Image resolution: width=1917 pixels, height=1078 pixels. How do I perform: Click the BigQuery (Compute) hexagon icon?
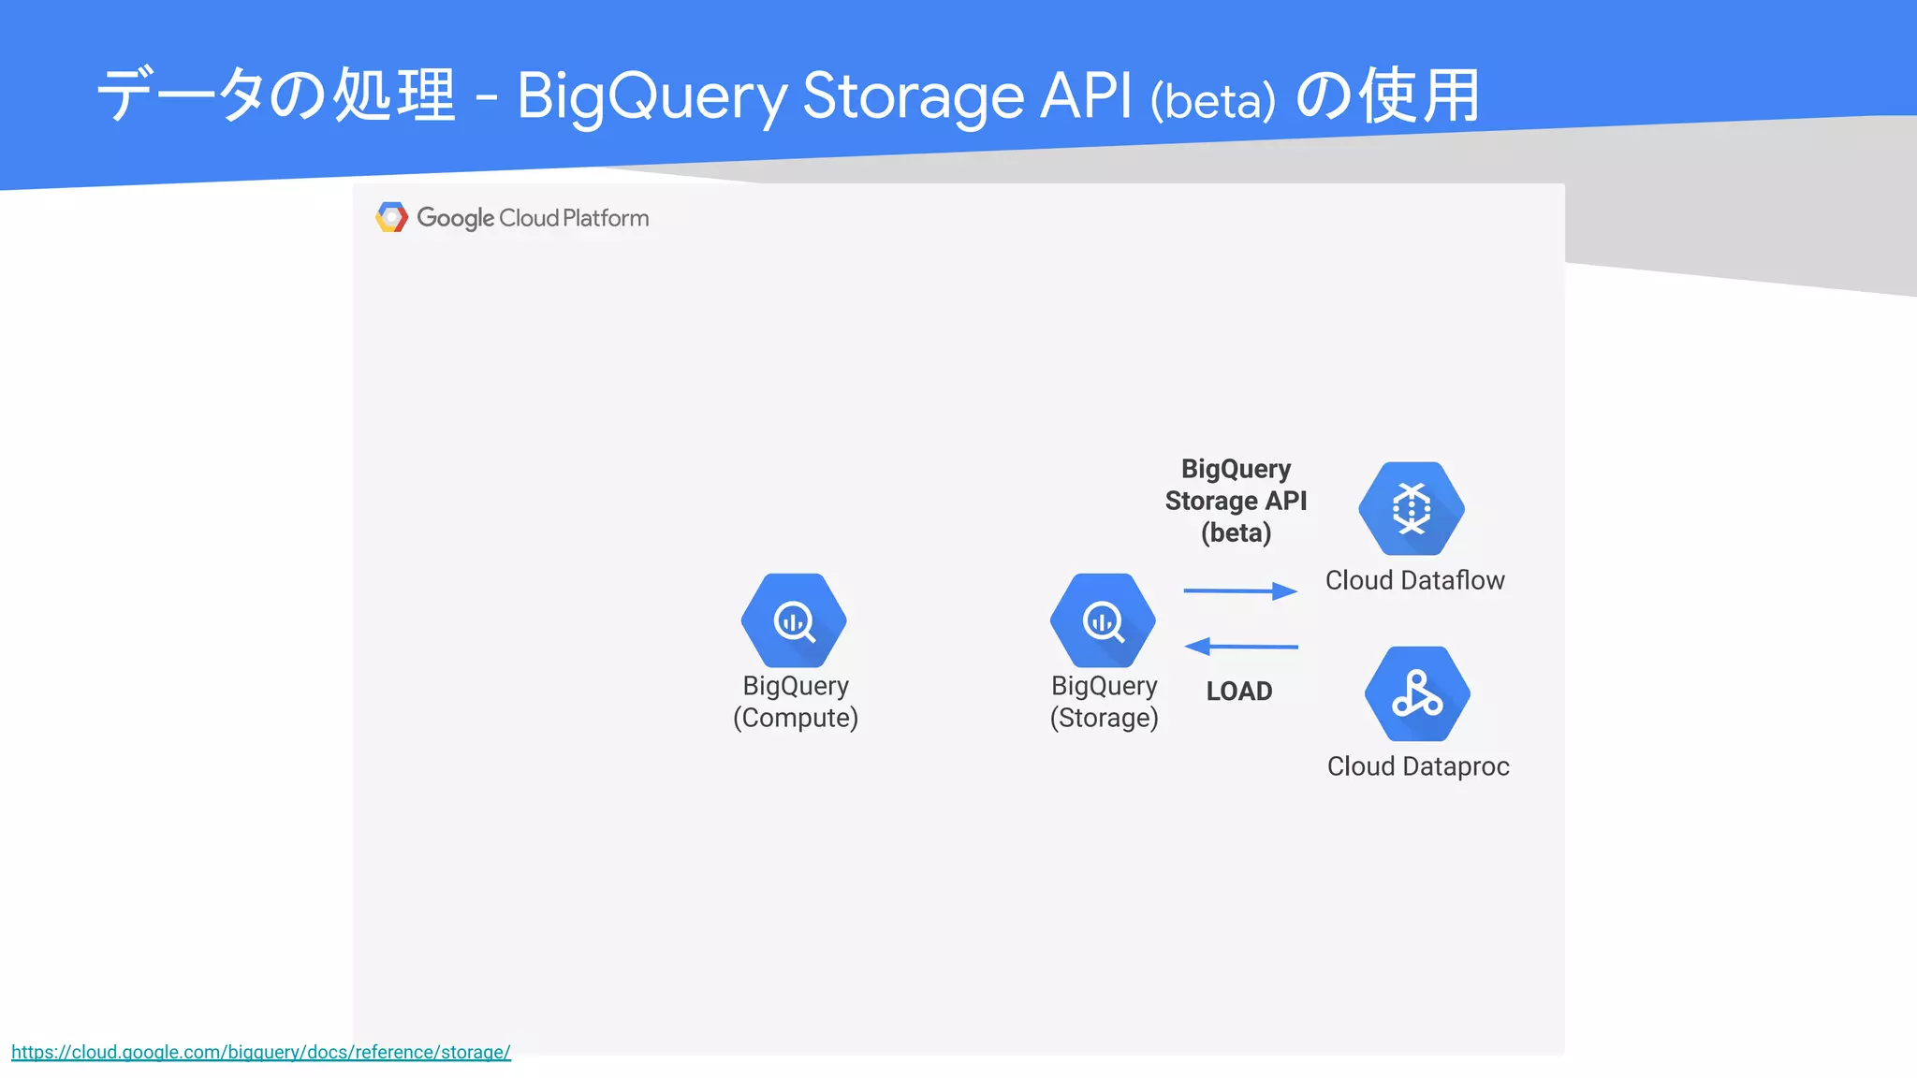(794, 619)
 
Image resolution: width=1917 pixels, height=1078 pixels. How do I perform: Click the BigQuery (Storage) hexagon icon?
(1103, 619)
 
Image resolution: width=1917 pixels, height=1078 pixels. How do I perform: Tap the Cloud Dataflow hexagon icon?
(1412, 508)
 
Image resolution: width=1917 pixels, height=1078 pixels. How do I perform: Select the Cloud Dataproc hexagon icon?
(1417, 693)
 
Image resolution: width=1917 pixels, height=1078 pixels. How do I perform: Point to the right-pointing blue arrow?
(1240, 590)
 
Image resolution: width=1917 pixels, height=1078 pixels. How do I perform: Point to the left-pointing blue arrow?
(1240, 646)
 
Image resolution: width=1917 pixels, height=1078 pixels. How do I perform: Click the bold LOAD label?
(1238, 691)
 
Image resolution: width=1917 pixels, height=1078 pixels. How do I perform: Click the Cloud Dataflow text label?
(1414, 580)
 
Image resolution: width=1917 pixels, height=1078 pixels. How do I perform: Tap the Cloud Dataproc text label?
(1418, 766)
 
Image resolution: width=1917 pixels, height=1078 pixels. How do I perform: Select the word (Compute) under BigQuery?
(796, 718)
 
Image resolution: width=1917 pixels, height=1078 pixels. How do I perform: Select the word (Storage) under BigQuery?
(1104, 718)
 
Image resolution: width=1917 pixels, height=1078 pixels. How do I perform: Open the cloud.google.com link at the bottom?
(261, 1052)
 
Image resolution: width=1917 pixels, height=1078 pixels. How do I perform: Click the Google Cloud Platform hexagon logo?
(391, 217)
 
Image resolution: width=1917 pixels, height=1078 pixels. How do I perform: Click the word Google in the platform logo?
(455, 218)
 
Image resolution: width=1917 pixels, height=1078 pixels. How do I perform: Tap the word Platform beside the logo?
(606, 218)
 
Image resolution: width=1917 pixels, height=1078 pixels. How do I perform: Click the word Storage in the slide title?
(913, 96)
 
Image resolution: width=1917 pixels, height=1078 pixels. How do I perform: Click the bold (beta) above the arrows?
(1236, 533)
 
